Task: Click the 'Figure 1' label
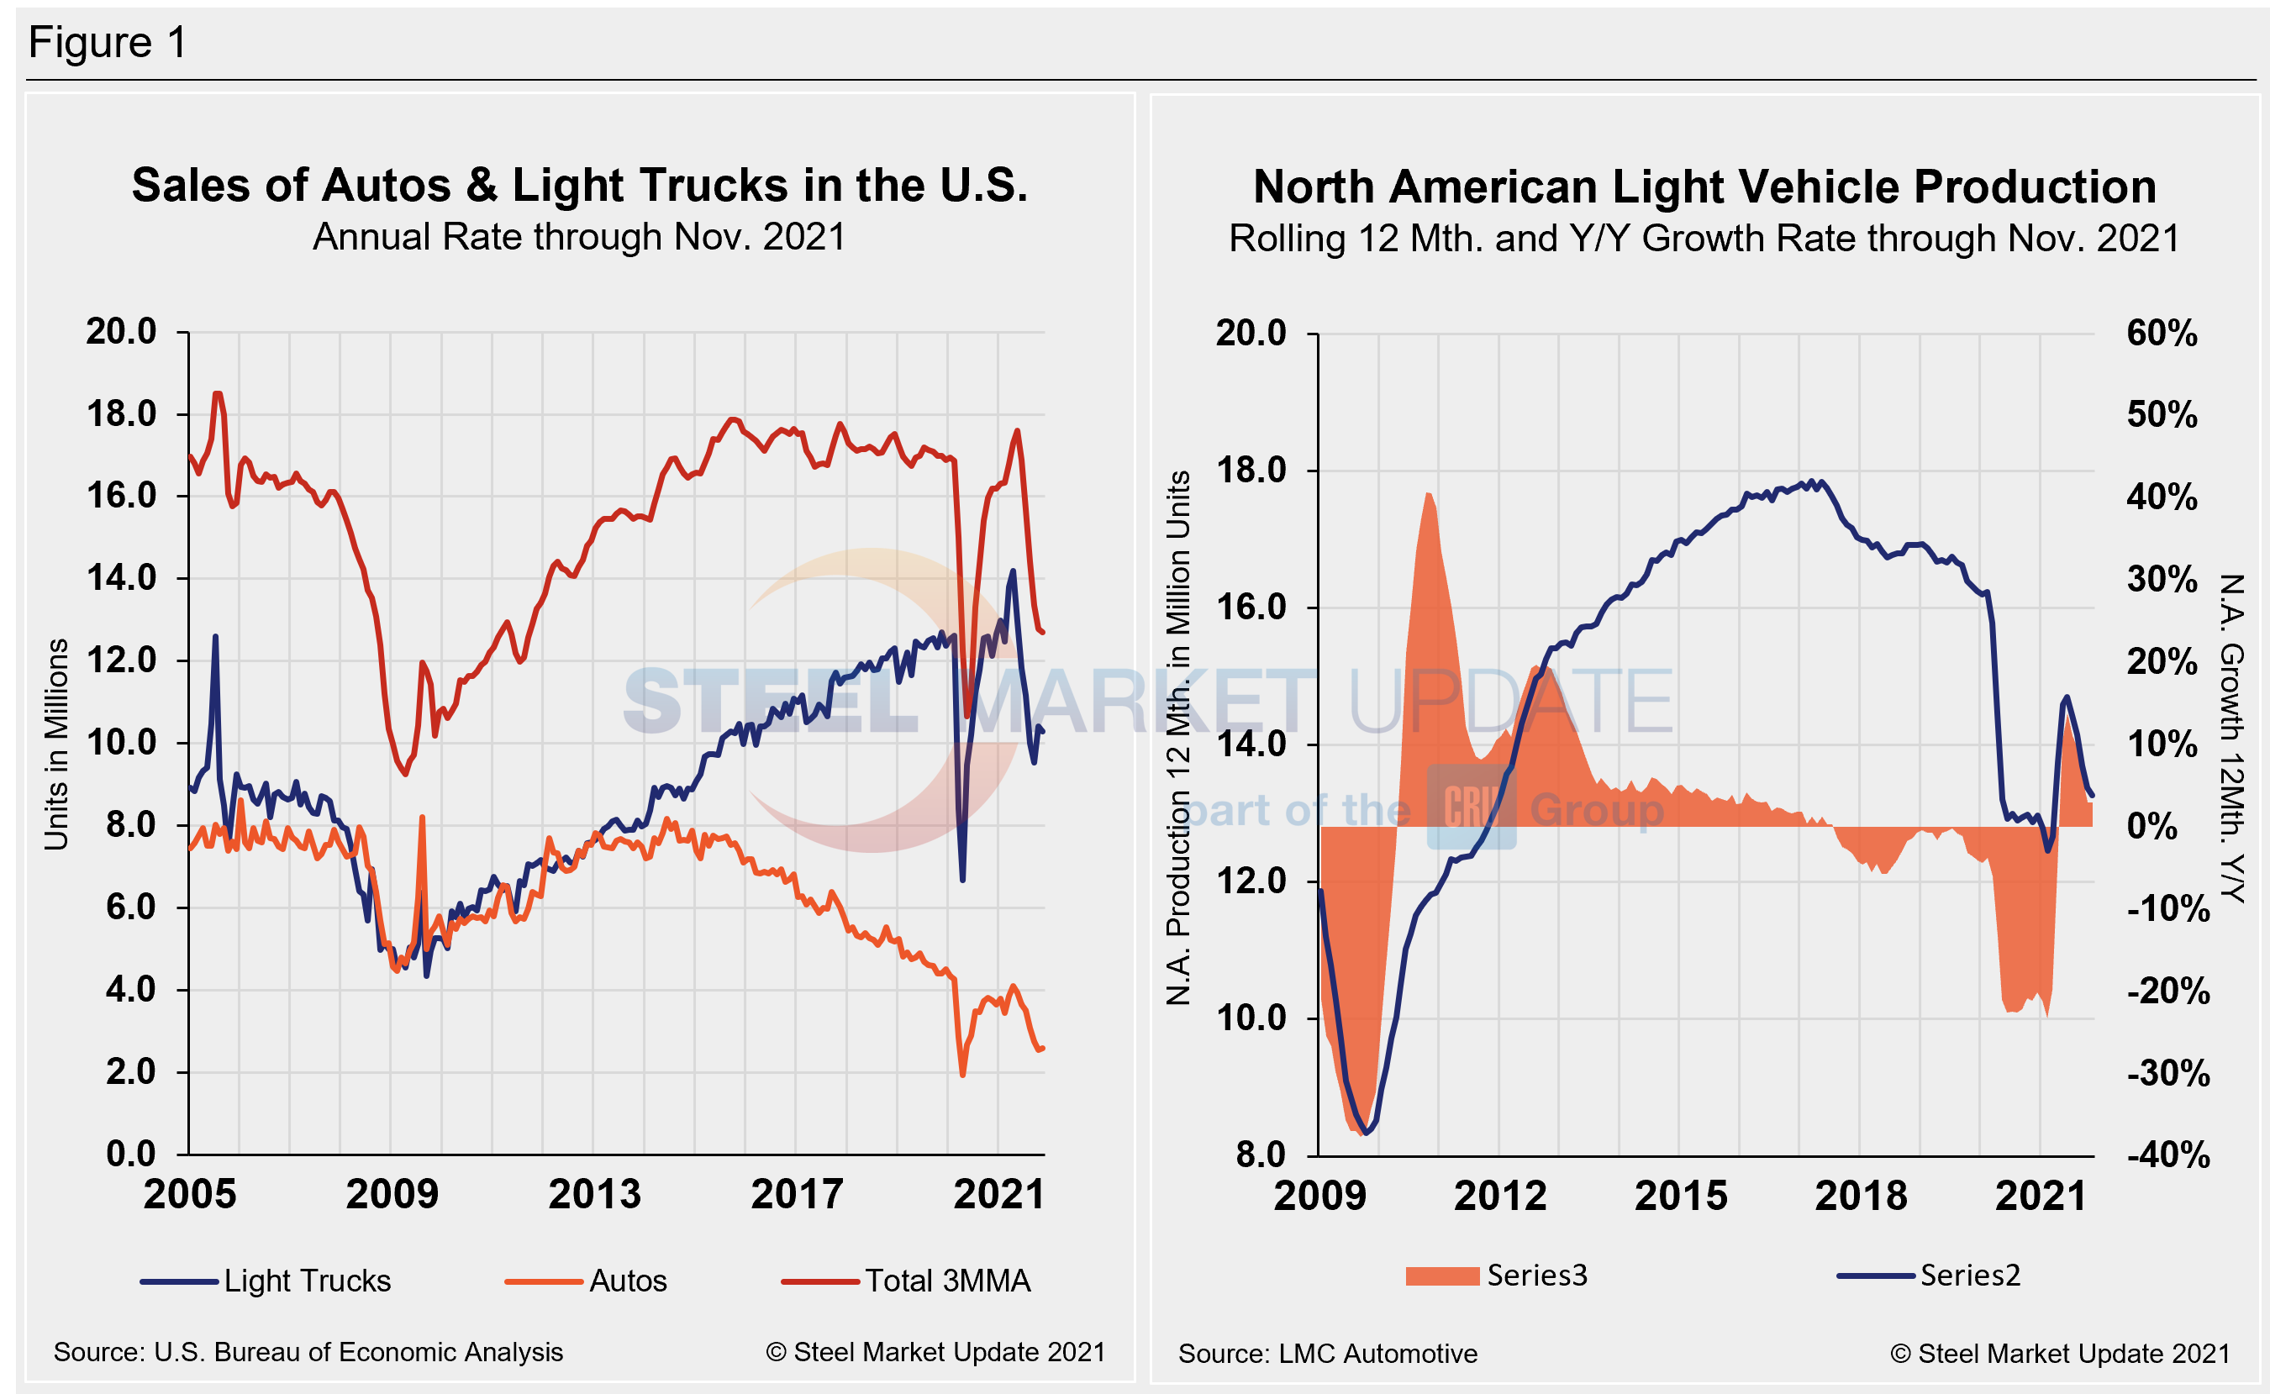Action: tap(108, 42)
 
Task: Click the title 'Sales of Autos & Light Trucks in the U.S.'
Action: tap(579, 186)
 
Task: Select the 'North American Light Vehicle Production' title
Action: tap(1704, 187)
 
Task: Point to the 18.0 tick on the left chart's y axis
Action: tap(122, 414)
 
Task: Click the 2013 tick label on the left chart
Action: tap(595, 1195)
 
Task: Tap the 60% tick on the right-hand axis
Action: tap(2162, 333)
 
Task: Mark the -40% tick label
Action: tap(2167, 1155)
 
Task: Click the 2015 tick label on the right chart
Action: tap(1681, 1196)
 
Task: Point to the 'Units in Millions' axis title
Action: tap(57, 743)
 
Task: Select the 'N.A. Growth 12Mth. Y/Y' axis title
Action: tap(2231, 738)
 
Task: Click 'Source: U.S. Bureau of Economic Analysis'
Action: tap(308, 1352)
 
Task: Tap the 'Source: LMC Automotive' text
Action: tap(1327, 1354)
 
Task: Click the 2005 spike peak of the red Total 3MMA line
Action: tap(218, 394)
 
